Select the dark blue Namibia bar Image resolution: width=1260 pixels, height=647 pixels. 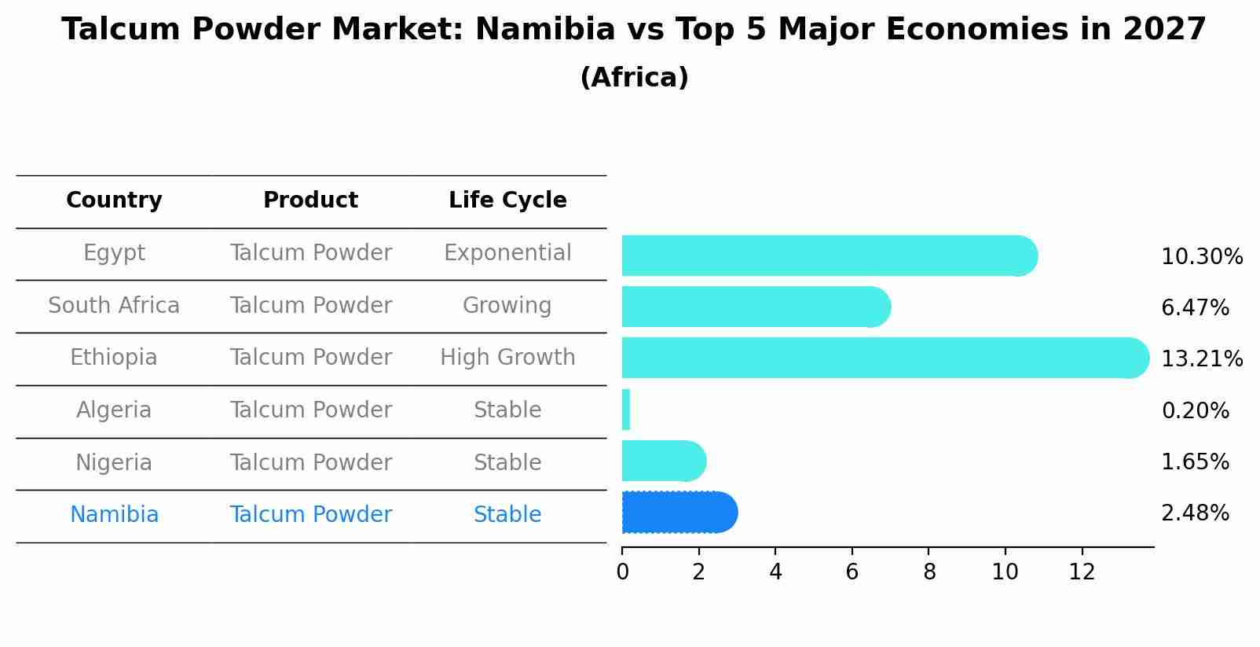pos(678,513)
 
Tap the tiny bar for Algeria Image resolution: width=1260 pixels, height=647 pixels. pos(626,410)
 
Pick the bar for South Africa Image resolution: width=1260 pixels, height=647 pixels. pos(754,307)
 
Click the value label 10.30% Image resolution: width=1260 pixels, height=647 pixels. pos(1201,257)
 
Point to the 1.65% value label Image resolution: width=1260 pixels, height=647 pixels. pos(1195,462)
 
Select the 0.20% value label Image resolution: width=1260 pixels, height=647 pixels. pos(1195,410)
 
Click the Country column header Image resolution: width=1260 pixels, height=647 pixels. pos(114,200)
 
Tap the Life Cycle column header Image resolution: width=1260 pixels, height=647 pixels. pos(507,200)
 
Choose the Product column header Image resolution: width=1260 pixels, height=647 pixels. pos(310,200)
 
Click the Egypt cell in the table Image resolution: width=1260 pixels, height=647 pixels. pos(114,253)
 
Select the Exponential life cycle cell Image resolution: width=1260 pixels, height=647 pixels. pos(507,253)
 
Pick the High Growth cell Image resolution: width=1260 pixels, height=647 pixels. pos(507,358)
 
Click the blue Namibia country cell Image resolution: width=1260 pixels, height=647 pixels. pos(114,515)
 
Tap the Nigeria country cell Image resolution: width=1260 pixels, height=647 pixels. pos(114,462)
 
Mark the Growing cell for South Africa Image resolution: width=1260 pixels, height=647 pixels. pos(507,305)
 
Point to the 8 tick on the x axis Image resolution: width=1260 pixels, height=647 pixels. pos(929,572)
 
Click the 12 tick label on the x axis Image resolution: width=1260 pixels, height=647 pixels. pos(1082,572)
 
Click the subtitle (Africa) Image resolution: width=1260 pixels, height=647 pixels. pos(634,78)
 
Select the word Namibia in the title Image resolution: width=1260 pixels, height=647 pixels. pos(545,30)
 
